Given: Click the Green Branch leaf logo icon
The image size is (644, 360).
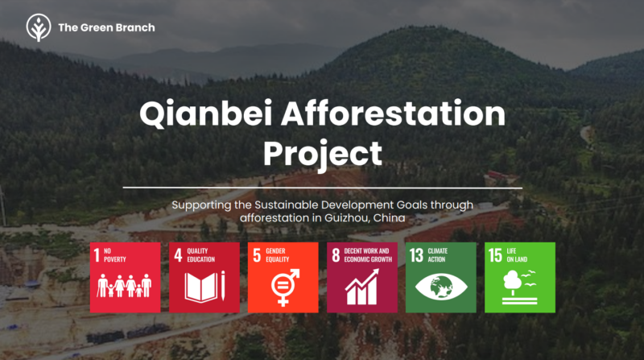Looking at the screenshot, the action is pos(39,27).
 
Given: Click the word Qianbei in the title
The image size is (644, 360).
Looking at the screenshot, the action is pos(206,114).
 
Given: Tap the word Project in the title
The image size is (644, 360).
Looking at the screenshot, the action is pos(323,153).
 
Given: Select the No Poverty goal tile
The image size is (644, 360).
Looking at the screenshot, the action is pos(126,277).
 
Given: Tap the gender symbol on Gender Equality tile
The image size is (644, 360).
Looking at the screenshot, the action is pos(285,288).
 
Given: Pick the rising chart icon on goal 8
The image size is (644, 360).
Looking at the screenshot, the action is pos(361,287).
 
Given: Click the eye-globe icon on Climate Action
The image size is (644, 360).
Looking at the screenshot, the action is pos(441,286).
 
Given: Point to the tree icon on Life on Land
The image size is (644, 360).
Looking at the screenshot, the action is pos(513,282).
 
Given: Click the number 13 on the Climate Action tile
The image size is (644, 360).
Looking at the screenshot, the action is pos(416,255).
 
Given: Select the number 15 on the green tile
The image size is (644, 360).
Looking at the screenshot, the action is pos(495,255).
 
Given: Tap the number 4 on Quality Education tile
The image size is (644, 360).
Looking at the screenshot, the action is pos(178,255).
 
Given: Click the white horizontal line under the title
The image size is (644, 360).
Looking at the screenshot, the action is pos(323,188).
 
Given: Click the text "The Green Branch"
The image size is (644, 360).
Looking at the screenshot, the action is pos(106,27).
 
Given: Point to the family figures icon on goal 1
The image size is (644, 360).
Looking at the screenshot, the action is pos(125,285).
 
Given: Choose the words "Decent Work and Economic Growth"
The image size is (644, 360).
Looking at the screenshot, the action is pos(368,254).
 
